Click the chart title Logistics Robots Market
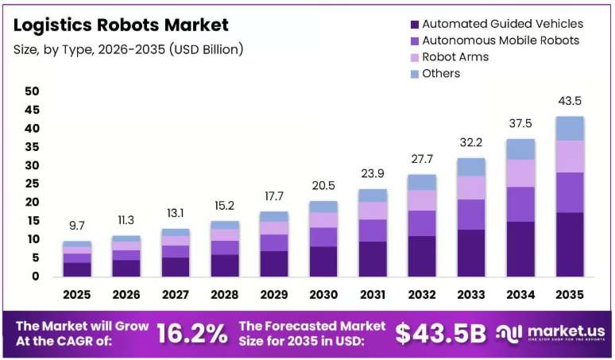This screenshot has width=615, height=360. tap(121, 25)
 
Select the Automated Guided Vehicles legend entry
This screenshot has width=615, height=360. tap(497, 24)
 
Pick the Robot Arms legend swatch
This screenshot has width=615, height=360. tap(415, 58)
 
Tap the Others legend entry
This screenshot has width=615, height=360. tap(435, 73)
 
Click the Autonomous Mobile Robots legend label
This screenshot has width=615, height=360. tap(501, 41)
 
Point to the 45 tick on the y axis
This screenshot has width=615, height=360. tap(32, 110)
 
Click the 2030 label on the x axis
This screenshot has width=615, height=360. tap(323, 295)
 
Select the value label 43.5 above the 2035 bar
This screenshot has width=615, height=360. tap(570, 101)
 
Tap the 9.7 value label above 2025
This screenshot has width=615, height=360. tap(77, 226)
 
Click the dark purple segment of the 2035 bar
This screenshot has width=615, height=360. tap(570, 245)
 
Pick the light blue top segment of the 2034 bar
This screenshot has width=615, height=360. tap(521, 149)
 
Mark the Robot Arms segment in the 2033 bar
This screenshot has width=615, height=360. tap(471, 188)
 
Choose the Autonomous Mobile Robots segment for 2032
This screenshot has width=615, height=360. tap(422, 223)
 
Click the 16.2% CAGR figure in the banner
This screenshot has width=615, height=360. tap(192, 334)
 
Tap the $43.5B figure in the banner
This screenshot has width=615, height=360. tap(440, 334)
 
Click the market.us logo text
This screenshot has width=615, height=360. tap(566, 331)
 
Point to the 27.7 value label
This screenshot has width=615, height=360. tap(422, 159)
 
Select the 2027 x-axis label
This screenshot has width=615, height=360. tap(176, 295)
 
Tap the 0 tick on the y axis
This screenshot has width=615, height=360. tap(36, 277)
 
